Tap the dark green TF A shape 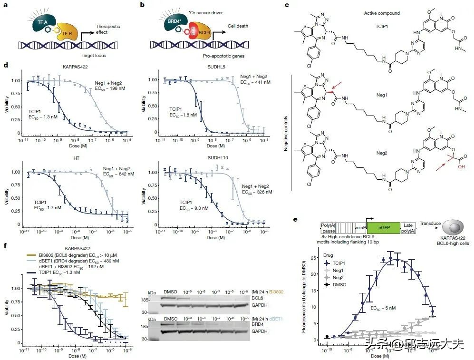(x=34, y=22)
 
